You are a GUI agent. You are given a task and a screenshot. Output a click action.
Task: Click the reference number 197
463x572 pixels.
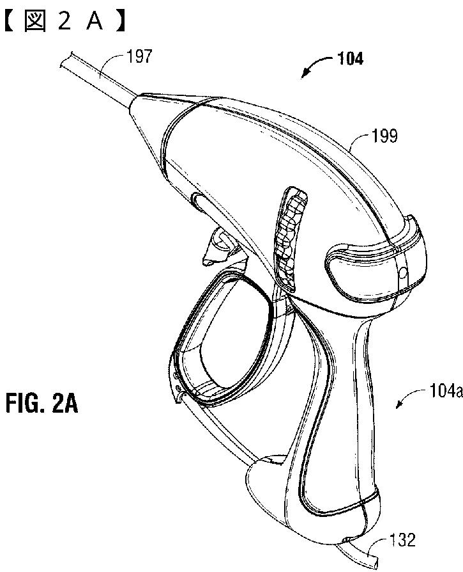140,56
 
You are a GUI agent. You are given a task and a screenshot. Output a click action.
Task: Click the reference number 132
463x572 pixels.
402,541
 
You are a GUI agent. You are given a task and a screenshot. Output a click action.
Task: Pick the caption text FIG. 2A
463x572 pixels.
43,404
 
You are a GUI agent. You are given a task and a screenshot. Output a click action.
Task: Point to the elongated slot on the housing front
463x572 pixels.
197,206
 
